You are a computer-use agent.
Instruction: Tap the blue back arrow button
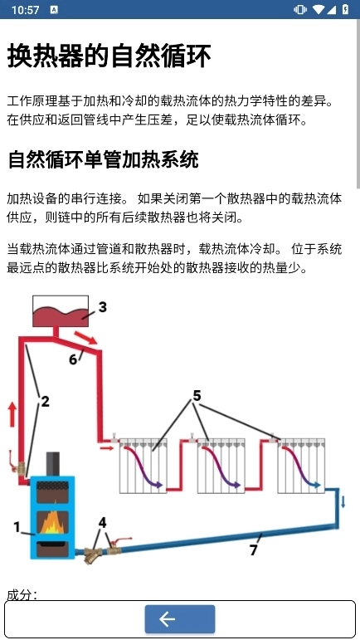point(180,618)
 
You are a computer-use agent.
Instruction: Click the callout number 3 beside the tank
point(103,306)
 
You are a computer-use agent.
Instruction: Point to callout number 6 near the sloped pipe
point(73,359)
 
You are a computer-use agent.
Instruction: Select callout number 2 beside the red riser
point(45,402)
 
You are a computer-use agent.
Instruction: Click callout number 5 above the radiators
point(197,395)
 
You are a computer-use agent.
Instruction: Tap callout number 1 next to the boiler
point(17,527)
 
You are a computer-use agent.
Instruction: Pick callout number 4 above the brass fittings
point(102,522)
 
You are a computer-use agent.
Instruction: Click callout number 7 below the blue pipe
point(254,550)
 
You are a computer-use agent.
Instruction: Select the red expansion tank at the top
point(61,311)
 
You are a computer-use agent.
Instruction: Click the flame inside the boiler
point(52,523)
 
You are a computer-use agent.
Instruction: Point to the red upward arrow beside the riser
point(12,415)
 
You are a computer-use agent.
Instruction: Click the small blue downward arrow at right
point(343,501)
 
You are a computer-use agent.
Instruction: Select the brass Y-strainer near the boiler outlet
point(92,555)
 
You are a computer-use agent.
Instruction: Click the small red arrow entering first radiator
point(107,449)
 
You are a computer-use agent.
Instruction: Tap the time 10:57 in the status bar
point(25,9)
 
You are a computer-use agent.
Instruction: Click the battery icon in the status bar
point(346,9)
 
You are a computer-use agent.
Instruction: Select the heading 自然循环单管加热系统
point(103,159)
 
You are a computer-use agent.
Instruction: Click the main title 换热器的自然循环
point(109,56)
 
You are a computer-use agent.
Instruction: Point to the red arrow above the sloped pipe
point(85,338)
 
